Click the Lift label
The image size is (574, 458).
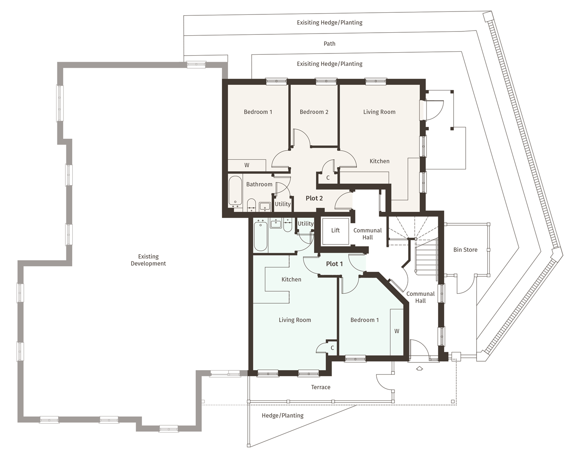pyautogui.click(x=335, y=230)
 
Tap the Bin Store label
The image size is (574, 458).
pyautogui.click(x=465, y=250)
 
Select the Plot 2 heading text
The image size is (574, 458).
pyautogui.click(x=314, y=198)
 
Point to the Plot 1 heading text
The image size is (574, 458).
pyautogui.click(x=334, y=264)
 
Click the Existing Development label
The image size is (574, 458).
pyautogui.click(x=148, y=260)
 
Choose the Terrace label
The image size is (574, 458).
pyautogui.click(x=321, y=387)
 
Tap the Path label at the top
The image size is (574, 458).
pyautogui.click(x=329, y=43)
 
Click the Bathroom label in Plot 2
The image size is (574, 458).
pyautogui.click(x=259, y=184)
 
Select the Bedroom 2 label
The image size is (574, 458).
pyautogui.click(x=314, y=112)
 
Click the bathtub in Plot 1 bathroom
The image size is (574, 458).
pyautogui.click(x=260, y=236)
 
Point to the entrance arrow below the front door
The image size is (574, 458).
pyautogui.click(x=420, y=368)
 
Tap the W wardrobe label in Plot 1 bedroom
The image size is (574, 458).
pyautogui.click(x=397, y=331)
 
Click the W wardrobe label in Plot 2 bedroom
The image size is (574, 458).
pyautogui.click(x=247, y=165)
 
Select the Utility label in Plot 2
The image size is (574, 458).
pyautogui.click(x=282, y=204)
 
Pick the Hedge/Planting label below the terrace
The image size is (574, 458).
pyautogui.click(x=282, y=416)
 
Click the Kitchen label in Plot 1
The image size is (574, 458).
pyautogui.click(x=291, y=279)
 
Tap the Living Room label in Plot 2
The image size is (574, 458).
pyautogui.click(x=379, y=112)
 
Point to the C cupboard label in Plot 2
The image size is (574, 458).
pyautogui.click(x=328, y=178)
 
